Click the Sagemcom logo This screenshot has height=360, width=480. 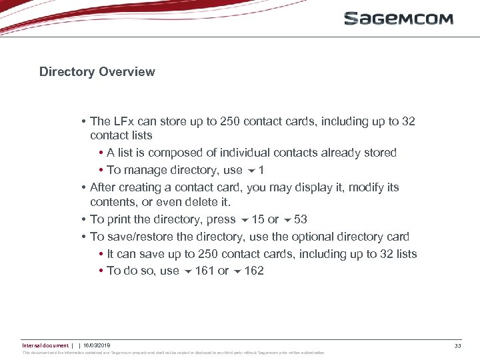click(398, 19)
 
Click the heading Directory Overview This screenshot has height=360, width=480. click(97, 72)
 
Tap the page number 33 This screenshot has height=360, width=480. click(457, 345)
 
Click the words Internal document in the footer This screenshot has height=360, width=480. click(45, 345)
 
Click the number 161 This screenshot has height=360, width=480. click(205, 271)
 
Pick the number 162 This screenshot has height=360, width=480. click(254, 271)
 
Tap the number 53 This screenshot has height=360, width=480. click(301, 219)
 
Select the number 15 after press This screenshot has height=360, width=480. click(258, 219)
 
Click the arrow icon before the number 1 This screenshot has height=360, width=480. click(251, 171)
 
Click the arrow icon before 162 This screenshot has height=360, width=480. click(237, 271)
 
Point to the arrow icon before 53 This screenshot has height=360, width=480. click(287, 220)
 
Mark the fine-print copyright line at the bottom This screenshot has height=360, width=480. click(173, 353)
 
